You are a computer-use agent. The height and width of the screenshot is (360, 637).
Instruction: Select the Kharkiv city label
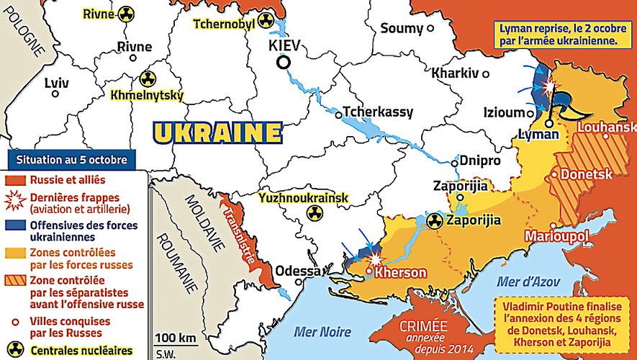(x=455, y=73)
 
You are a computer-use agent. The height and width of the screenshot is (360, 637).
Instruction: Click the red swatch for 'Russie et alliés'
(x=14, y=178)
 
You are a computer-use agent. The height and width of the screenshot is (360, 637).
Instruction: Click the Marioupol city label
(x=557, y=235)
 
